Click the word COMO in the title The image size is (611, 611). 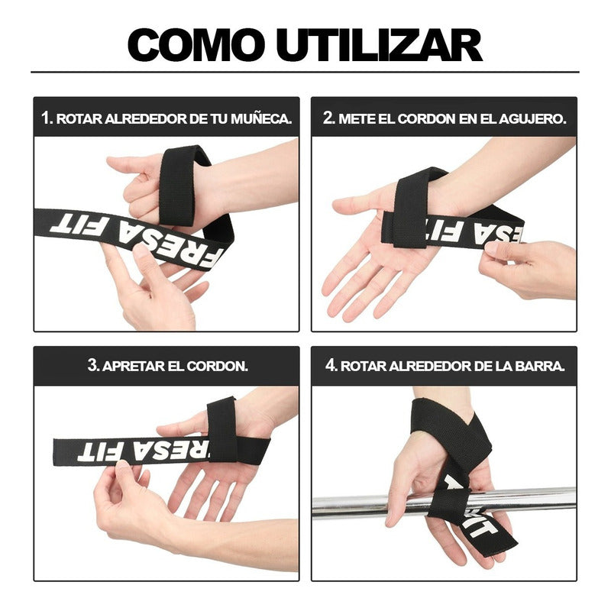point(195,44)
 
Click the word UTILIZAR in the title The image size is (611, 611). point(379,44)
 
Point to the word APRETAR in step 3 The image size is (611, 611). point(133,366)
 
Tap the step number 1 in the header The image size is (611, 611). point(47,118)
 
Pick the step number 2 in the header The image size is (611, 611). point(329,118)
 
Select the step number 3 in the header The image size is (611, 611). point(93,366)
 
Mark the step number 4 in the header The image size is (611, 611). point(331,366)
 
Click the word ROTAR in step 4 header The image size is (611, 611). point(364,366)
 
